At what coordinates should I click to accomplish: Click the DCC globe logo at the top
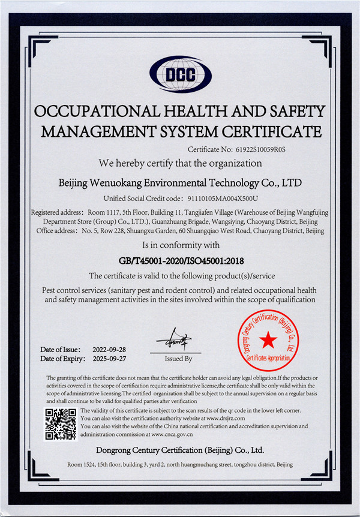tap(181, 74)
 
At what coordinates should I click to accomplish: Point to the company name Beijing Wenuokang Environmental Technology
tap(181, 181)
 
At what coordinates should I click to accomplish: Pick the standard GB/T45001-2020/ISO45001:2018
tap(181, 260)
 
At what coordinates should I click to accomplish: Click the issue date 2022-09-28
tap(109, 349)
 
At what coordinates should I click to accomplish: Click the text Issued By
tap(178, 359)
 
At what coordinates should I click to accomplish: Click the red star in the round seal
tap(268, 341)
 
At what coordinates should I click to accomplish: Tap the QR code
tap(61, 424)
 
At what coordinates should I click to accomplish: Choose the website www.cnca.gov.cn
tap(172, 434)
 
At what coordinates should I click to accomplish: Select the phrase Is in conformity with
tap(181, 245)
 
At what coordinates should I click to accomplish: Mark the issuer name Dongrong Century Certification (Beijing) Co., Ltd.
tap(180, 449)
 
